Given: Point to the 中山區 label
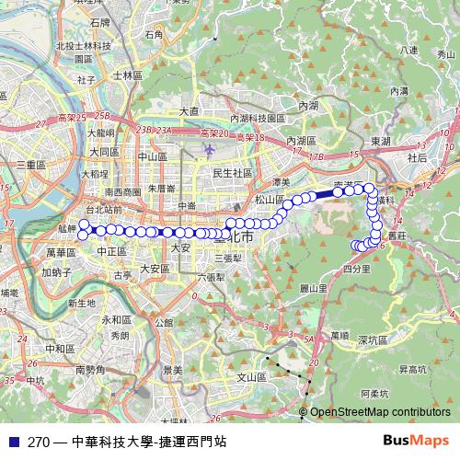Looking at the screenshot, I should pyautogui.click(x=152, y=156).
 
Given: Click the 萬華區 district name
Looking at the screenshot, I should pyautogui.click(x=59, y=251).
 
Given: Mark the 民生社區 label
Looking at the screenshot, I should pyautogui.click(x=232, y=172).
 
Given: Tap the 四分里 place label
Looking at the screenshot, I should pyautogui.click(x=355, y=270).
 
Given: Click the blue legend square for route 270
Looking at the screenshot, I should pyautogui.click(x=15, y=442).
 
